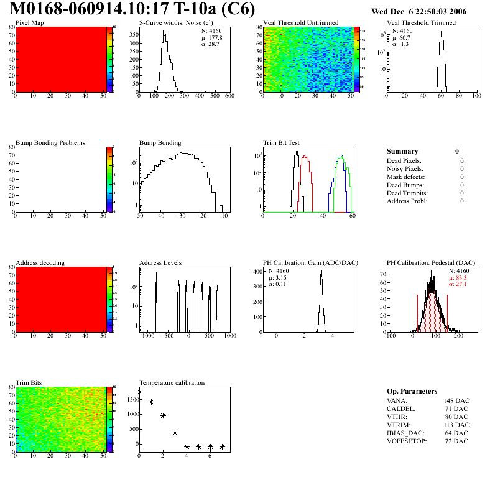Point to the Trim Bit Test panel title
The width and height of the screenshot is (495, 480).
point(281,143)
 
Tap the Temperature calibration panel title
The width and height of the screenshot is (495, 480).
point(172,382)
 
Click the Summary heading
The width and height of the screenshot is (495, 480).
point(402,151)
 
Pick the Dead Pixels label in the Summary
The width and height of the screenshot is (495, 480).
point(404,160)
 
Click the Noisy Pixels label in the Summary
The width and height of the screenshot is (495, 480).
point(405,168)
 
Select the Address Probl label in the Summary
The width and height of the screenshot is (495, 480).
point(407,201)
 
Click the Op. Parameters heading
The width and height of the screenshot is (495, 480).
point(412,391)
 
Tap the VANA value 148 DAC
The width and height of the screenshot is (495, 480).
point(456,400)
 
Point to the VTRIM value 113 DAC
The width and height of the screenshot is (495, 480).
point(456,425)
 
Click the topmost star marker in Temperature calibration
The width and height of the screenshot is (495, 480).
point(139,392)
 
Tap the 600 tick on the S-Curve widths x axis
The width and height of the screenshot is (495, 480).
point(229,96)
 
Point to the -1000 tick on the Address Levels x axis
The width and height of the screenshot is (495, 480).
point(147,336)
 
